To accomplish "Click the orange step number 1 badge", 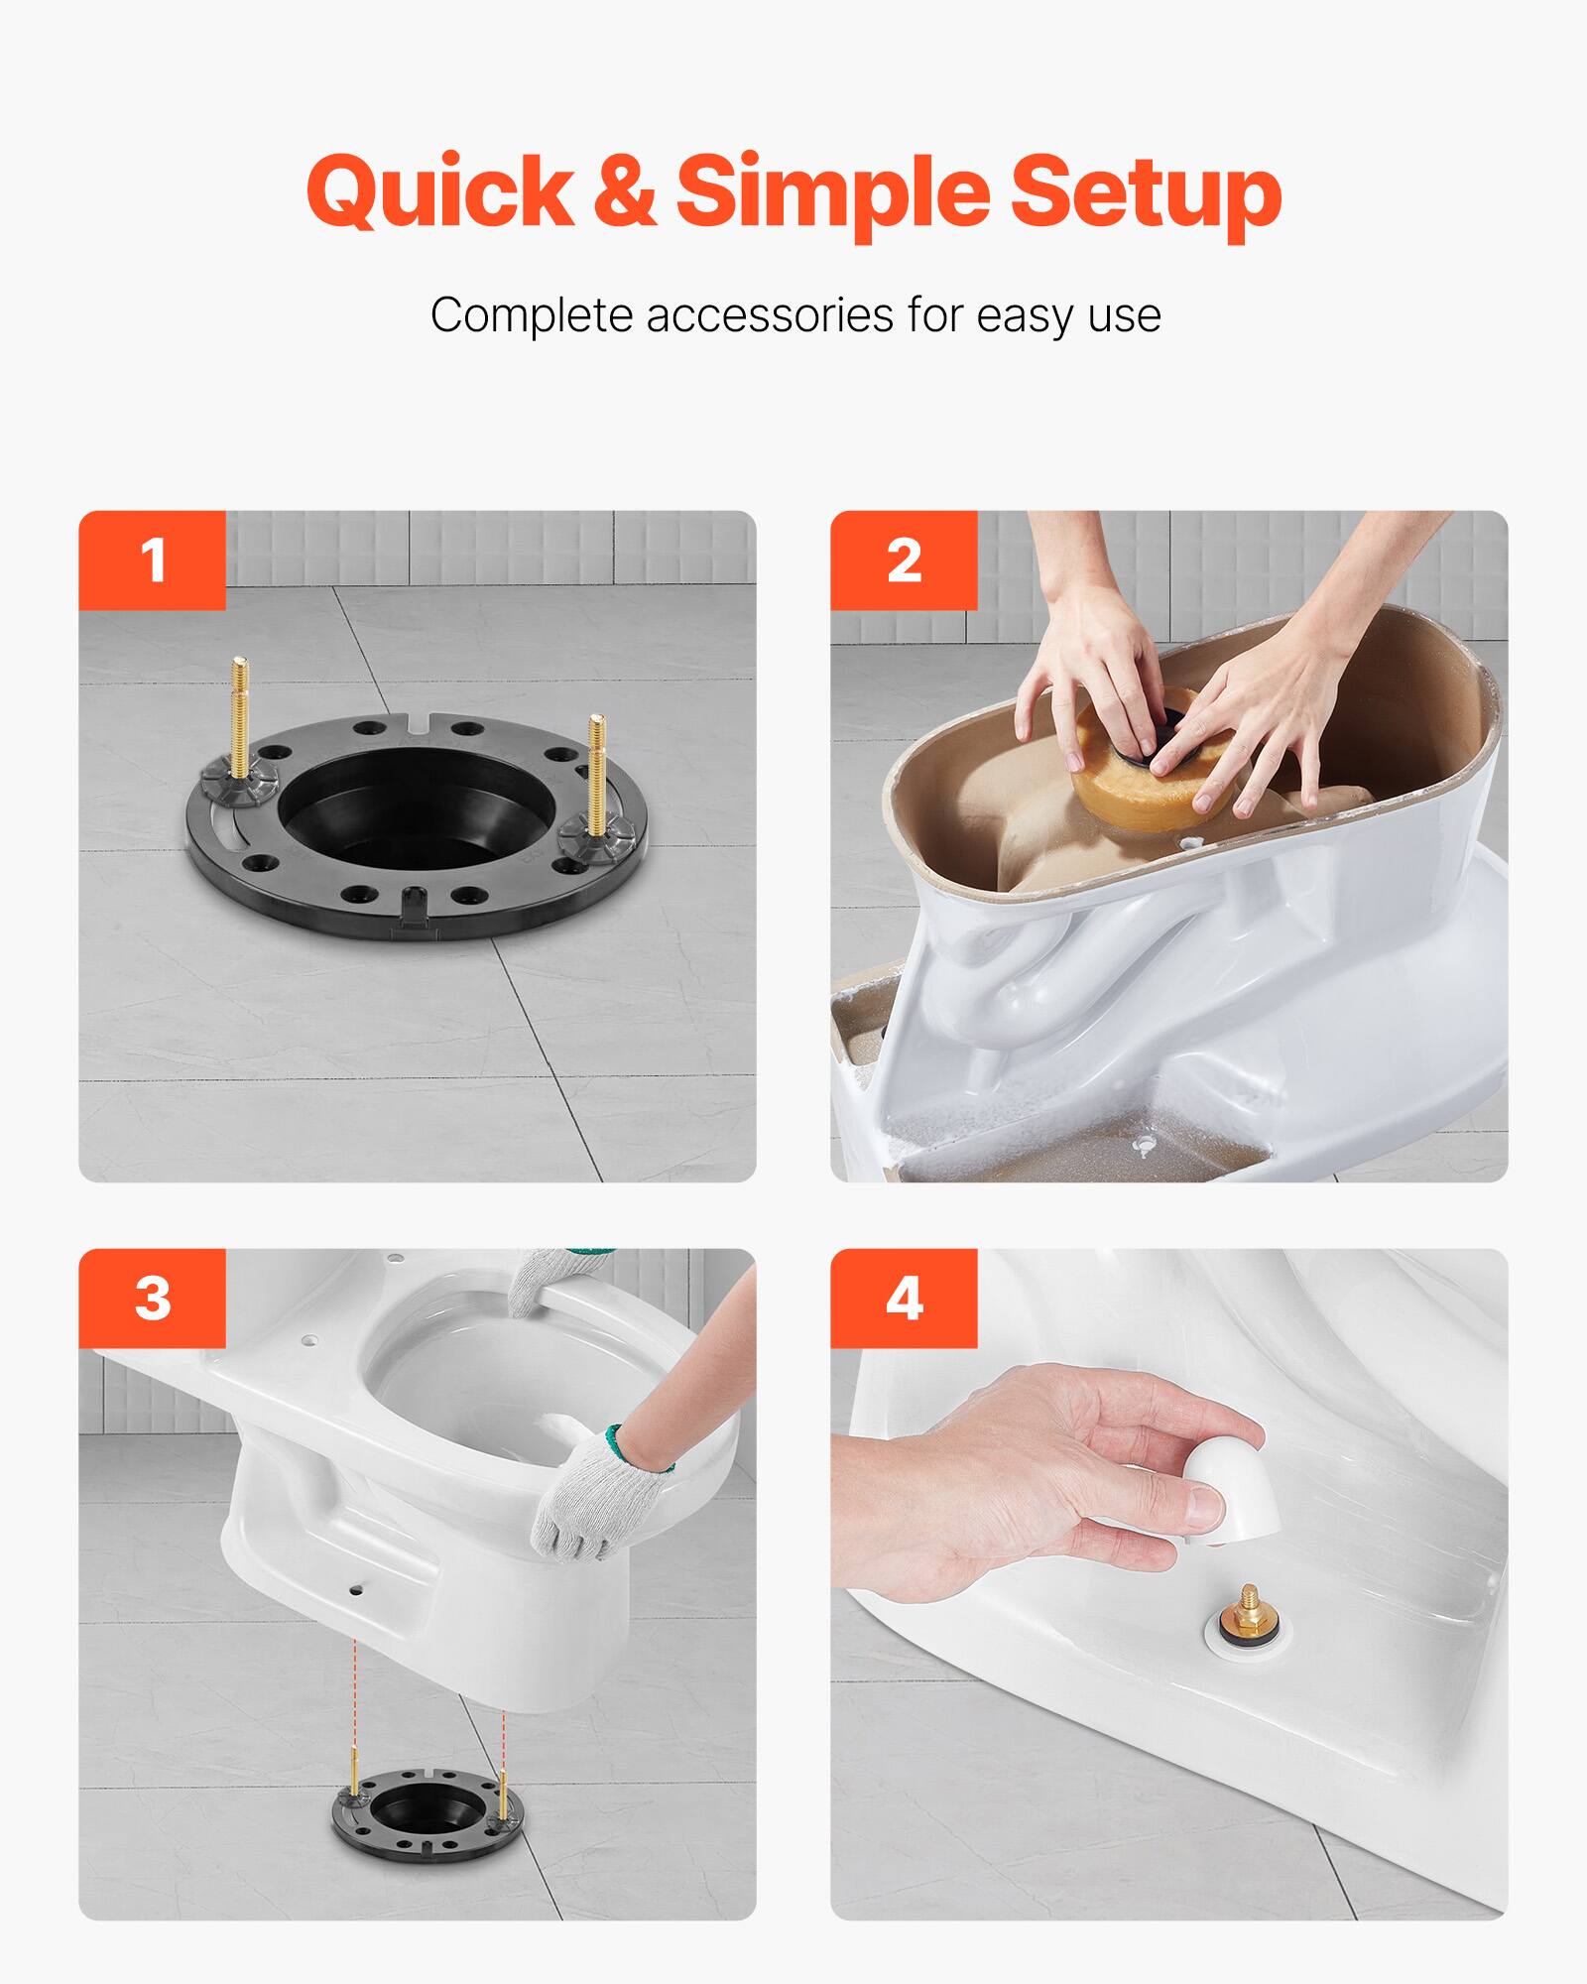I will click(x=152, y=560).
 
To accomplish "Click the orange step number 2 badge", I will click(x=904, y=560).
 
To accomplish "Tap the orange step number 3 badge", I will click(x=152, y=1298).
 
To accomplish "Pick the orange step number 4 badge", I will click(x=904, y=1298).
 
